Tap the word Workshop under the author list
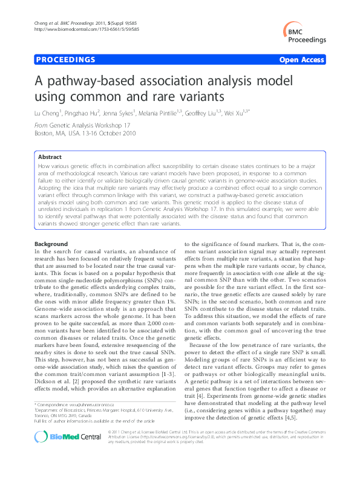tap(109, 125)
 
